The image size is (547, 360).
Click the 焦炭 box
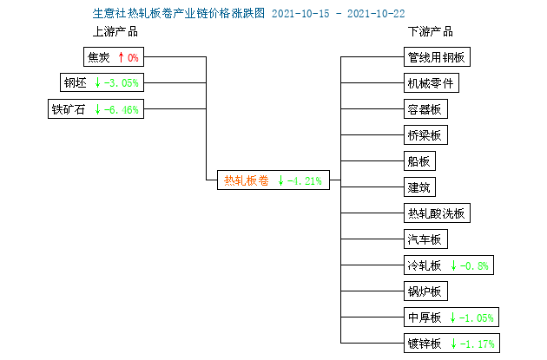point(114,56)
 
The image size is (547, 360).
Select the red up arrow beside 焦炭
point(121,57)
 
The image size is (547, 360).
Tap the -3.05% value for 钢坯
point(122,83)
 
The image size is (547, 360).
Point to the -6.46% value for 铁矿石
point(122,110)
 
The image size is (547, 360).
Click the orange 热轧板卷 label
point(247,180)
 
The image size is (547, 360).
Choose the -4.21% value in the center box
point(305,181)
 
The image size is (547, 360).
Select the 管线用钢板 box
point(437,56)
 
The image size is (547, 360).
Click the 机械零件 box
point(432,83)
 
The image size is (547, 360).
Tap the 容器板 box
point(425,109)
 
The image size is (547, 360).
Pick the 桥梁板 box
point(425,134)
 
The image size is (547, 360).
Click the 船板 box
point(419,161)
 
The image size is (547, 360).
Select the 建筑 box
point(419,187)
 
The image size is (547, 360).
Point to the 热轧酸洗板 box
point(437,213)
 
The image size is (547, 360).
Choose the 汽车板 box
point(425,239)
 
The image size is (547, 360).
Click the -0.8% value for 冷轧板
point(474,266)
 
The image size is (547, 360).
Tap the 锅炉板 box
point(425,291)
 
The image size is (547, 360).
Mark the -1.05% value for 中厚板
point(477,317)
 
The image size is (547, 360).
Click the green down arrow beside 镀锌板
point(453,344)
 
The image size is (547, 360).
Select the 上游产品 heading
point(115,32)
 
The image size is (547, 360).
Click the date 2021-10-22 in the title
point(376,14)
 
